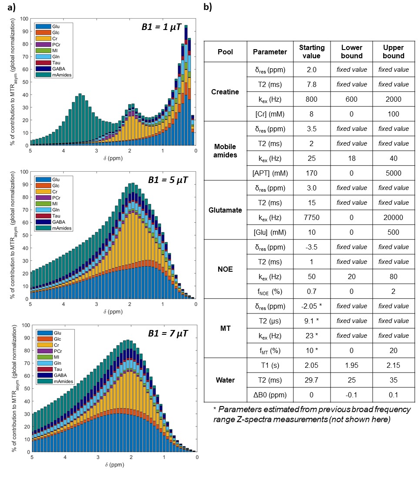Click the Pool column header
pos(225,52)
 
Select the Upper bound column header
pos(393,52)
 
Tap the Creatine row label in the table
pos(225,91)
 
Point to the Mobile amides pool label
pos(225,150)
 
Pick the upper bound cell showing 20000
pos(393,217)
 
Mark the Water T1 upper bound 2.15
pos(393,365)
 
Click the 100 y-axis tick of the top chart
pos(24,19)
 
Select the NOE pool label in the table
pos(225,269)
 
